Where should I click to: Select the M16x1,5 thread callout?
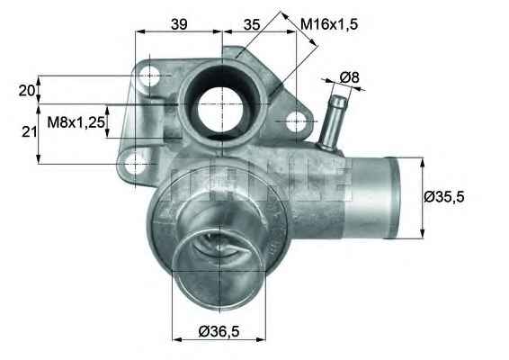coord(329,24)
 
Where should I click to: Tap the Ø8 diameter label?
coord(349,77)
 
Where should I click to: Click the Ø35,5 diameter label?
coord(450,196)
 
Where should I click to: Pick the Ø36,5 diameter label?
coord(218,332)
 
